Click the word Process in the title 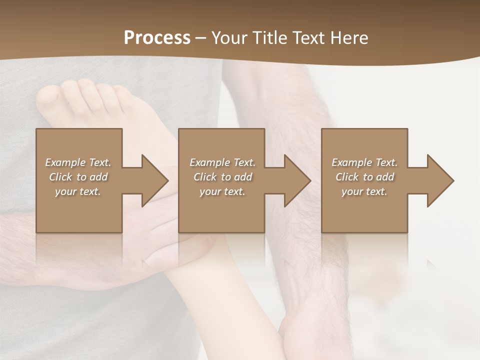point(157,38)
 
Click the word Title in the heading point(269,38)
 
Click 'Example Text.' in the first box point(78,162)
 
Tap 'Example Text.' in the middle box point(222,162)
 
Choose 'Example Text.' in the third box point(364,162)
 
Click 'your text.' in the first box point(78,191)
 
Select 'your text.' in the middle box point(222,191)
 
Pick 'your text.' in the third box point(364,191)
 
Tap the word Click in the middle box point(205,177)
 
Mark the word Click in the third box point(347,177)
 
